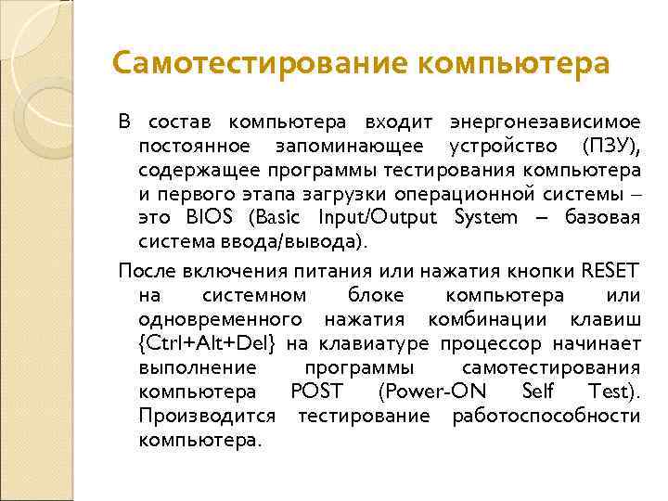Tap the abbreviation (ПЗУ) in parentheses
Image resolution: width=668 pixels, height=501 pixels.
[x=610, y=147]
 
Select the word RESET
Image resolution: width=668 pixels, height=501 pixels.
[x=610, y=271]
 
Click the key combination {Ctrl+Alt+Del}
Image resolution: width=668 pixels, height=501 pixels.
[x=207, y=344]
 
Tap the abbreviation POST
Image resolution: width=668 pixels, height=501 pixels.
[x=316, y=392]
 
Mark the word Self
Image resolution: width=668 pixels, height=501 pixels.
[x=542, y=392]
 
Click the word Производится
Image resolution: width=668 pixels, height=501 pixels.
[x=206, y=416]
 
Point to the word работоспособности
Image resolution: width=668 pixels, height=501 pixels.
[x=546, y=416]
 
